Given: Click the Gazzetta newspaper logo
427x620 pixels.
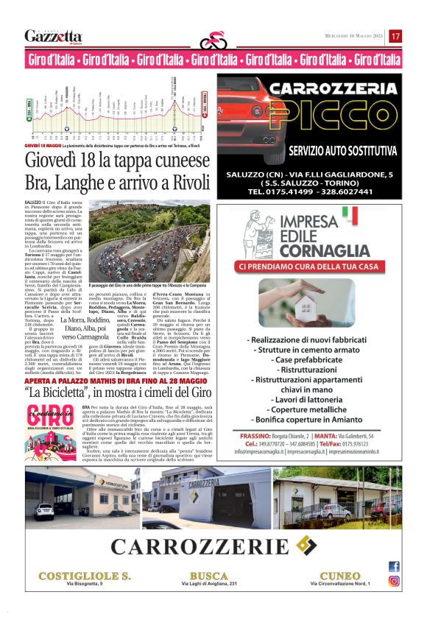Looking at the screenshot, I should [53, 36].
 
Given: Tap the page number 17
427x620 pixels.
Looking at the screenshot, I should [395, 36].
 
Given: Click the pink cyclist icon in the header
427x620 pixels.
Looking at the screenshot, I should [213, 38].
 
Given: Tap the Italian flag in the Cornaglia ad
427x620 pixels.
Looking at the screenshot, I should [350, 215].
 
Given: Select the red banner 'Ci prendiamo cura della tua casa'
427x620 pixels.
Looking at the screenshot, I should [319, 266].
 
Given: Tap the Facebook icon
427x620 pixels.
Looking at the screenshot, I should [394, 566].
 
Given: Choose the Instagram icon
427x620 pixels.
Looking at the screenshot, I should [394, 581].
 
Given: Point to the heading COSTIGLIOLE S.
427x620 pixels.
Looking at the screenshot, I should [75, 575].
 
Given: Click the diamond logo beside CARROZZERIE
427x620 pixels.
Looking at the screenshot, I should [303, 545].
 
